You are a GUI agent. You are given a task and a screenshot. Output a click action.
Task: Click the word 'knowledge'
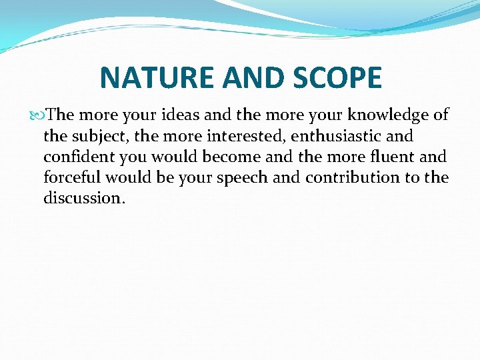[x=389, y=115]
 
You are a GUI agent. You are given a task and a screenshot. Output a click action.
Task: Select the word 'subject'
[x=97, y=137]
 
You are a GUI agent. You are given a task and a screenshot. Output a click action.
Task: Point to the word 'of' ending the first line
[x=441, y=115]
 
